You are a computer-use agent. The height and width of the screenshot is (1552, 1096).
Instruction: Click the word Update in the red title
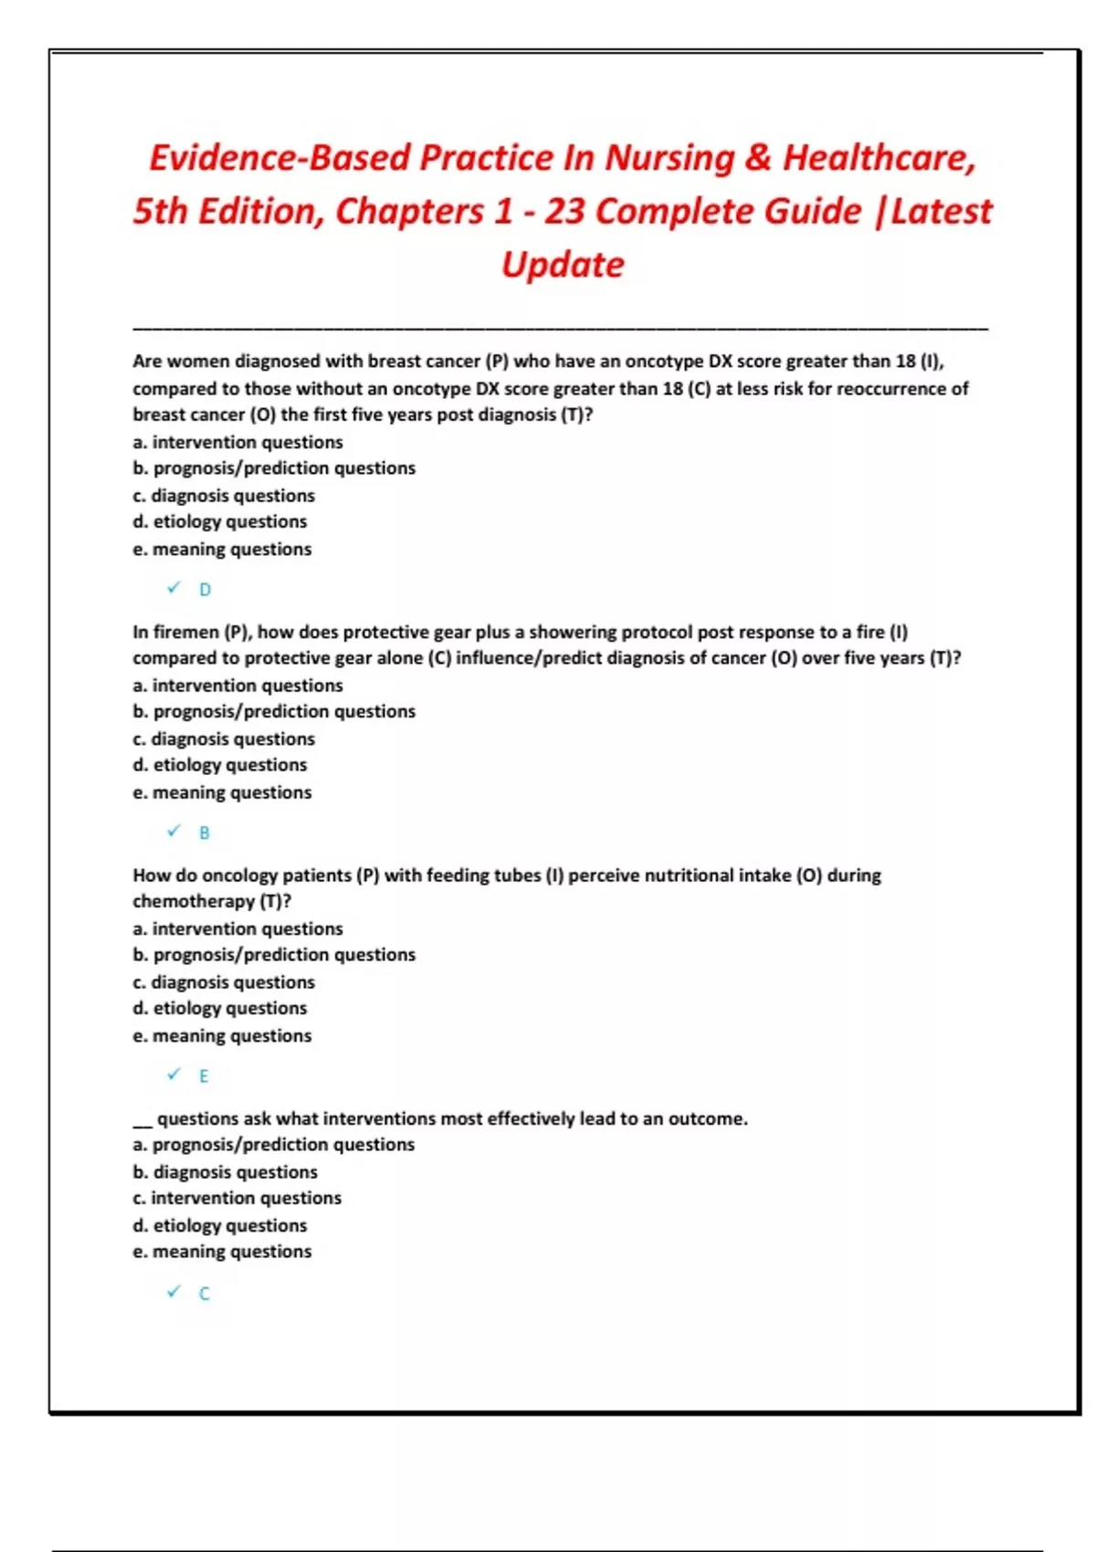[x=563, y=265]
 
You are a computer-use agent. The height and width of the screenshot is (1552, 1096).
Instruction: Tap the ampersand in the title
[x=757, y=158]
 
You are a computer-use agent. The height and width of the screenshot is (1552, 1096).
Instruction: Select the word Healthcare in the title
[x=879, y=158]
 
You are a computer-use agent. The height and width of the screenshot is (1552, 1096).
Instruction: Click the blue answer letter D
[x=205, y=590]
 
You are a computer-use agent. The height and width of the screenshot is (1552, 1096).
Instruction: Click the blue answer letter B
[x=205, y=833]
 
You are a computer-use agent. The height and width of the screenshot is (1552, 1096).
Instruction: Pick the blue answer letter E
[x=204, y=1076]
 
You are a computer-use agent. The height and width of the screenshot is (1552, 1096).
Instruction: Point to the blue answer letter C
[x=204, y=1294]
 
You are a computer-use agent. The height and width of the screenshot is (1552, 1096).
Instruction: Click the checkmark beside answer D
[x=174, y=588]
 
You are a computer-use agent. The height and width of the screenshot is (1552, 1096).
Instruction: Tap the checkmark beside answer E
[x=174, y=1075]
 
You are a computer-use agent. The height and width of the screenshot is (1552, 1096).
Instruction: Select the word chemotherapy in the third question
[x=193, y=901]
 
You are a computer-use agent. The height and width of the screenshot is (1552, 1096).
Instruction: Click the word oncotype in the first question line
[x=664, y=362]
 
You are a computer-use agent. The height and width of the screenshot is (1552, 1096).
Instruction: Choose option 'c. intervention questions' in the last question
[x=237, y=1198]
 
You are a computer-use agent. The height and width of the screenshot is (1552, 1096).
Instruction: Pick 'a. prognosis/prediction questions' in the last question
[x=273, y=1145]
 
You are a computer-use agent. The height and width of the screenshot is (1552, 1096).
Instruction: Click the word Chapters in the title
[x=409, y=212]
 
